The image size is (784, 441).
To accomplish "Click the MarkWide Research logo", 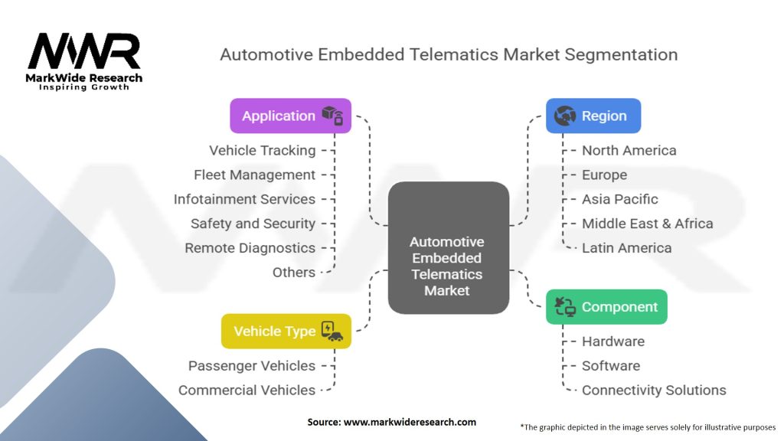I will click(x=84, y=60).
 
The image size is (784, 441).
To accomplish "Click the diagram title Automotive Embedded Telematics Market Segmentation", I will click(x=448, y=54).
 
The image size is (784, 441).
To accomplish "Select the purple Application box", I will click(x=290, y=116).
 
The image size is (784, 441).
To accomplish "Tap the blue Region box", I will click(x=593, y=116).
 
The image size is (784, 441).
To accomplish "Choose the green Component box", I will click(x=606, y=307).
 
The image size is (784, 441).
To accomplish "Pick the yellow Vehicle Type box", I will click(x=286, y=331).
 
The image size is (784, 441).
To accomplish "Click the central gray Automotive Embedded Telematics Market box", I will click(x=448, y=247).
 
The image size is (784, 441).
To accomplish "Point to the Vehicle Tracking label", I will click(x=262, y=150).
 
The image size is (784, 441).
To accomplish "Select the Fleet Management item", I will click(x=255, y=175).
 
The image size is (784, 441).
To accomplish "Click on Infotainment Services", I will click(x=244, y=199).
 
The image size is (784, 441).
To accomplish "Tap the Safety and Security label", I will click(x=253, y=224).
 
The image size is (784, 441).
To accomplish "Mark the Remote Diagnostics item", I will click(x=250, y=248).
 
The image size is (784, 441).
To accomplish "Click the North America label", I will click(x=629, y=150).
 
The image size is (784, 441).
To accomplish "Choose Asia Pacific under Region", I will click(x=619, y=199).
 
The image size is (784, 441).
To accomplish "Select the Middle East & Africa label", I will click(x=647, y=224).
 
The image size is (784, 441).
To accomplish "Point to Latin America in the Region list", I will click(x=626, y=248).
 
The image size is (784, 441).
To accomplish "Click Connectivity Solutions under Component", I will click(x=653, y=390).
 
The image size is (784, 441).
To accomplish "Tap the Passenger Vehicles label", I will click(x=252, y=366).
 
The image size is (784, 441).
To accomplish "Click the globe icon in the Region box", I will click(x=564, y=116).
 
